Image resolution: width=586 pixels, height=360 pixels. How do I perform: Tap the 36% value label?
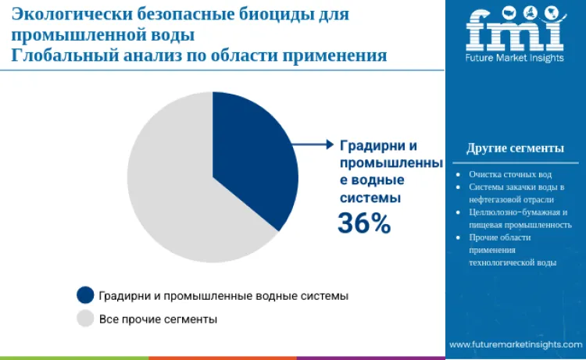pos(363,223)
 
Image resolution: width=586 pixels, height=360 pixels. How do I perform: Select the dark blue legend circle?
pos(85,295)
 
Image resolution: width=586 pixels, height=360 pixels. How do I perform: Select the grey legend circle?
pos(85,319)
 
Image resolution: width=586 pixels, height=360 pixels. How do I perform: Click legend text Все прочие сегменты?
pos(158,319)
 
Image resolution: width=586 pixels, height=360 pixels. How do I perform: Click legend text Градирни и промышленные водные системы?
pos(223,296)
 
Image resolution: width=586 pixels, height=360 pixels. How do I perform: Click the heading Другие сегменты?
pos(515,148)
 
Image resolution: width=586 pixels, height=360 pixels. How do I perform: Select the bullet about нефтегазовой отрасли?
pos(516,193)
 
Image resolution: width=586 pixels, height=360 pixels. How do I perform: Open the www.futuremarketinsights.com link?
pos(515,344)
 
